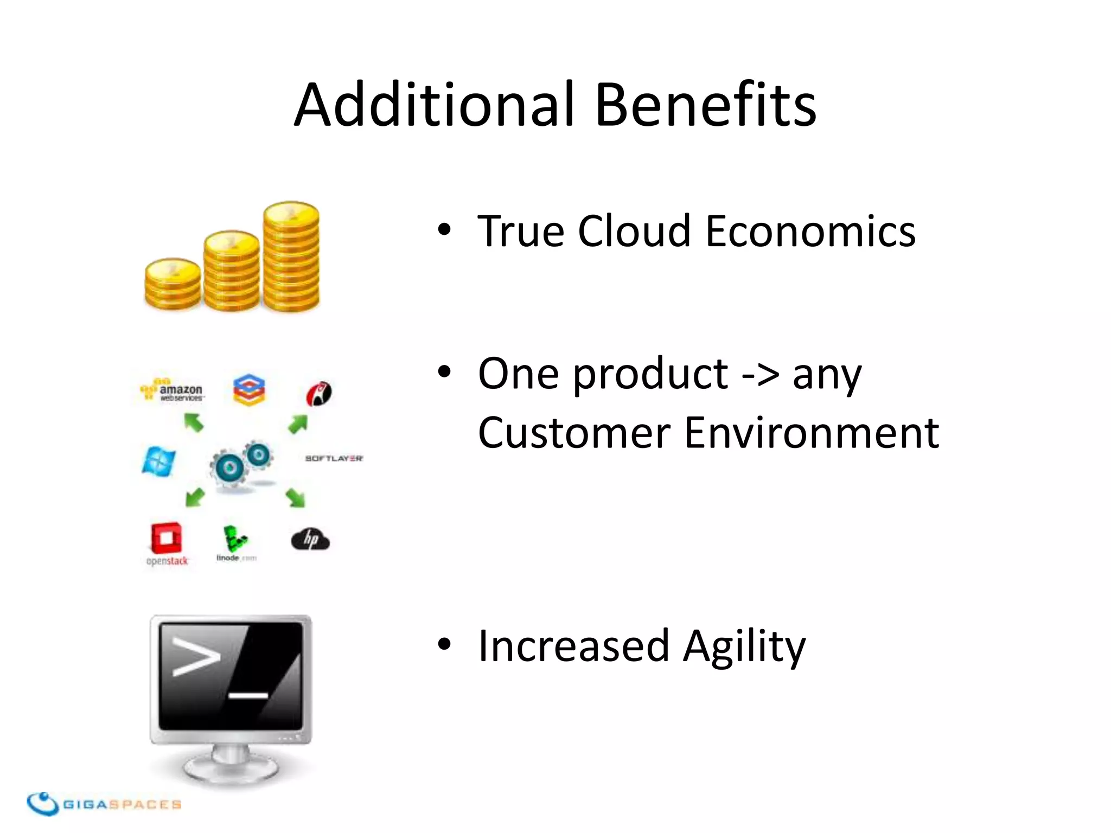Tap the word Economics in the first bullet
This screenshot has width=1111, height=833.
[x=810, y=232]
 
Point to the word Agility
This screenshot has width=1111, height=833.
[x=744, y=646]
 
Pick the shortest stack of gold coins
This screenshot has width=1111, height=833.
[x=173, y=284]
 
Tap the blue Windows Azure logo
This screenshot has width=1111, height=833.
[x=158, y=462]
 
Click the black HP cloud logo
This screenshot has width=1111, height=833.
[x=310, y=540]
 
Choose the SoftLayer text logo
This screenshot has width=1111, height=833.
[x=334, y=458]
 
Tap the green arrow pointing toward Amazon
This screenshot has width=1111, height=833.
[x=194, y=422]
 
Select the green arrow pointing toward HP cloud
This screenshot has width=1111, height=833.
[x=296, y=497]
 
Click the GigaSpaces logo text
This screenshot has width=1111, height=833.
[x=122, y=804]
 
